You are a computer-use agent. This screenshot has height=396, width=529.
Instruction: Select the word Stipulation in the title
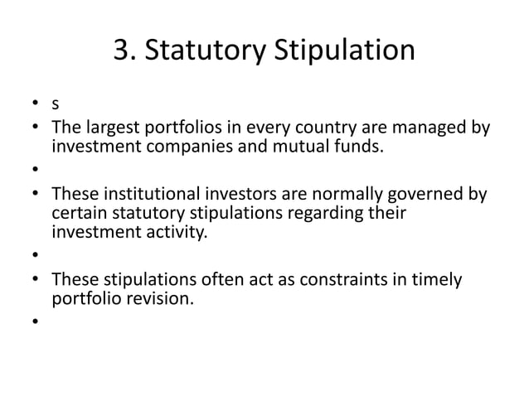[x=347, y=51]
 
